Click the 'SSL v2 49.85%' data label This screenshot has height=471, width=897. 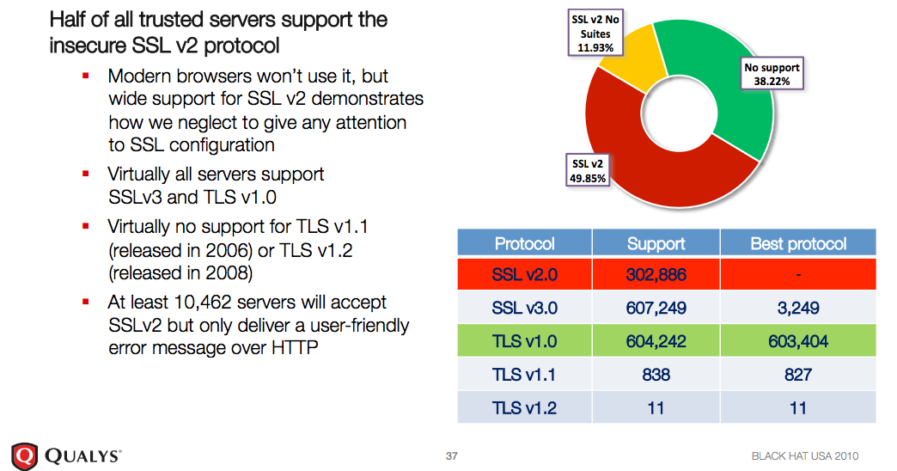click(589, 171)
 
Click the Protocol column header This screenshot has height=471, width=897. click(524, 244)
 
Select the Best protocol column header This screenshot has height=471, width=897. click(798, 244)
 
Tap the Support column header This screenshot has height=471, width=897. click(656, 244)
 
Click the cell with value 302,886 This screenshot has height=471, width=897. click(656, 276)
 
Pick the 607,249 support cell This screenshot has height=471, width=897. click(656, 309)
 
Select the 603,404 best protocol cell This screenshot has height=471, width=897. click(798, 341)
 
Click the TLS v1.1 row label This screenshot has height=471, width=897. click(524, 375)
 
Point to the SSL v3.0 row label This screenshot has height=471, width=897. click(524, 309)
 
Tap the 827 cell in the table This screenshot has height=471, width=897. click(798, 375)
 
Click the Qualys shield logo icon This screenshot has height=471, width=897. click(24, 455)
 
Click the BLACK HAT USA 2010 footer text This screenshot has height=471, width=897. click(804, 456)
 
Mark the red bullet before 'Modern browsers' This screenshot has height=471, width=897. click(86, 76)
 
